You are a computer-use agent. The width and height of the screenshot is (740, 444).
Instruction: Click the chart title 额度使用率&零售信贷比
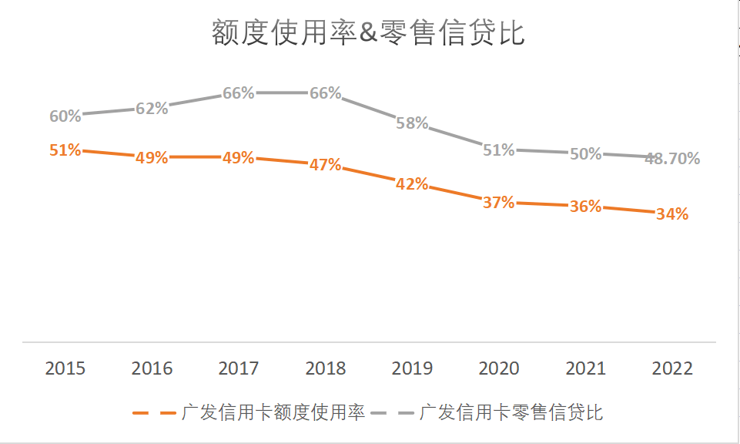click(368, 34)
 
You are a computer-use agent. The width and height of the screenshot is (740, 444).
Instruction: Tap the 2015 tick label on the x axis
click(65, 368)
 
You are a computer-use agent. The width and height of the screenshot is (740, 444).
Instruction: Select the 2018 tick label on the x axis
click(326, 368)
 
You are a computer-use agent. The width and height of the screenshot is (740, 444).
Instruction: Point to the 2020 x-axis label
click(499, 368)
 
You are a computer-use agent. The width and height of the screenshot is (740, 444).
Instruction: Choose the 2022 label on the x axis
click(672, 368)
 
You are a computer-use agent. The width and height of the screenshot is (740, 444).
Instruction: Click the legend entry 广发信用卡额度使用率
click(273, 412)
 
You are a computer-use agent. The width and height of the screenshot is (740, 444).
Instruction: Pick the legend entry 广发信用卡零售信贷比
click(511, 412)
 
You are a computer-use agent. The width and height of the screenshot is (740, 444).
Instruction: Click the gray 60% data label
click(65, 116)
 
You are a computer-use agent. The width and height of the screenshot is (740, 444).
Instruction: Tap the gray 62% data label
click(152, 109)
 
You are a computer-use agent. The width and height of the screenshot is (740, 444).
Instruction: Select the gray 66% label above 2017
click(239, 93)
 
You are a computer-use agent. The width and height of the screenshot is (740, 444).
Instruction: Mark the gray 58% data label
click(412, 123)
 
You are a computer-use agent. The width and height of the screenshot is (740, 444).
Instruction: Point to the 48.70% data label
click(672, 159)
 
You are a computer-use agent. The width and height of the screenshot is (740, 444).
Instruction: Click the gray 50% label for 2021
click(585, 154)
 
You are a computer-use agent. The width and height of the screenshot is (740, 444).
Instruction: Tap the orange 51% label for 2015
click(65, 150)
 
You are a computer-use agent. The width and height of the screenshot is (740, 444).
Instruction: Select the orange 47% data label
click(325, 166)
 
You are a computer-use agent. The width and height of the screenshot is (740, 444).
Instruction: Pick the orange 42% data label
click(412, 185)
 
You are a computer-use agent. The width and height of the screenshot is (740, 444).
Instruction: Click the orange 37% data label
click(498, 203)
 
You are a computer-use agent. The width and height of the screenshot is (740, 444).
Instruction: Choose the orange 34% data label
click(672, 214)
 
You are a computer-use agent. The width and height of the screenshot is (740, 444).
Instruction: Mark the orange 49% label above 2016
click(152, 158)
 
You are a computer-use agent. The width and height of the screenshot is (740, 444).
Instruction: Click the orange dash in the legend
click(154, 412)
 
